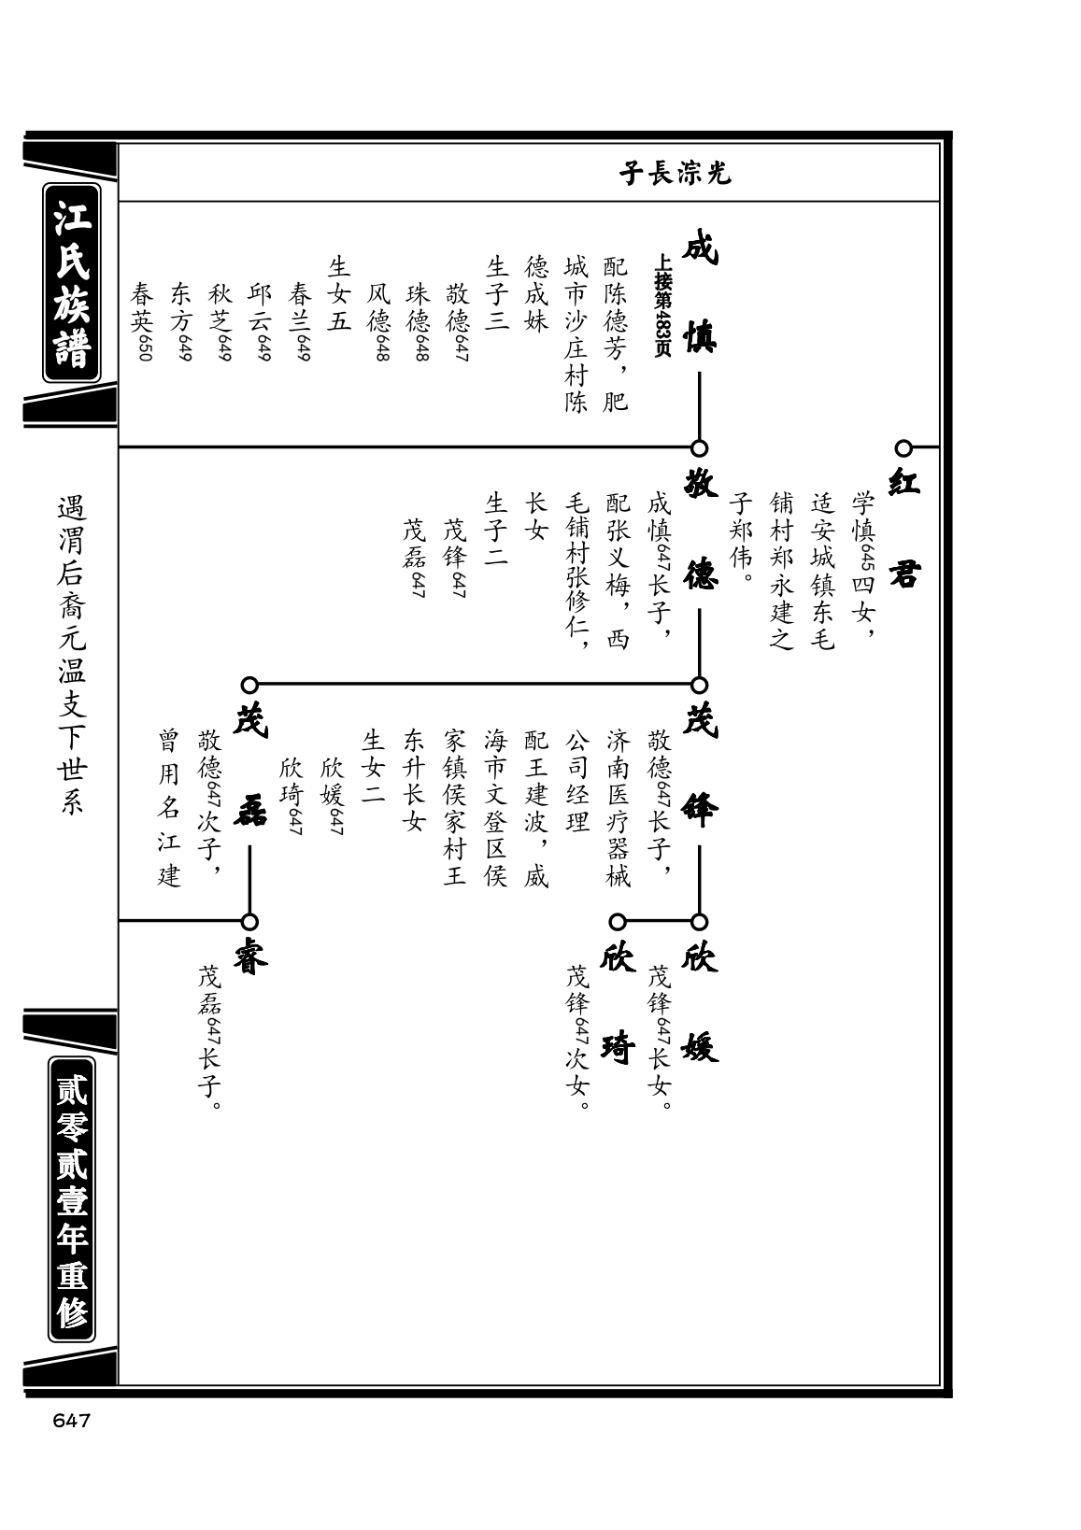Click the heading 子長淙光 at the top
[x=676, y=174]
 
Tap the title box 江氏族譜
[x=72, y=282]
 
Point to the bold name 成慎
[x=699, y=294]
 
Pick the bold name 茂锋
[x=699, y=768]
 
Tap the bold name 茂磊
[x=250, y=768]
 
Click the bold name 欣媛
[x=699, y=1004]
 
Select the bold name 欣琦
[x=618, y=1004]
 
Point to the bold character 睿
[x=250, y=960]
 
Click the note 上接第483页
[x=662, y=305]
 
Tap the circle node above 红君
[x=903, y=448]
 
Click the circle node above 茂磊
[x=250, y=685]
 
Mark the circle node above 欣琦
[x=618, y=922]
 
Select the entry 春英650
[x=142, y=321]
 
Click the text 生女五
[x=339, y=294]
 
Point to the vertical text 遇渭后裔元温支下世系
[x=71, y=655]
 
